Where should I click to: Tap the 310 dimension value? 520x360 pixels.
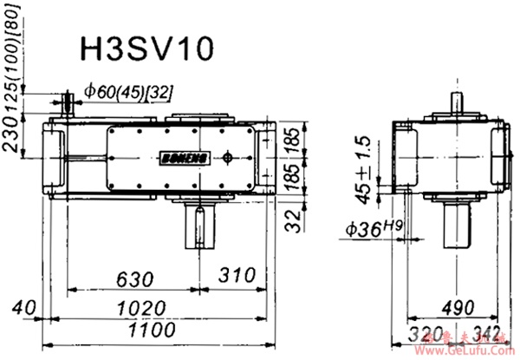click(237, 278)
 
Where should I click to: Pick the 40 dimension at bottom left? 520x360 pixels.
click(23, 308)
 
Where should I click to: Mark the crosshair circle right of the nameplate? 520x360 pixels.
click(227, 158)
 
